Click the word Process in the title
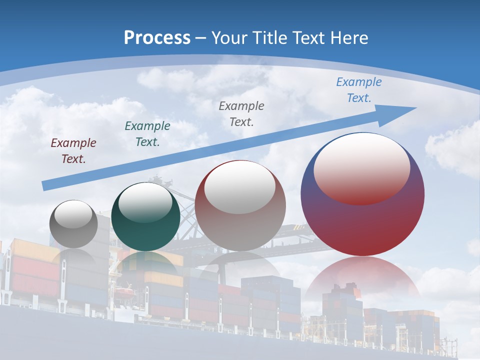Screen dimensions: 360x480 coord(157,38)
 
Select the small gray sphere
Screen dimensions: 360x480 coord(73,235)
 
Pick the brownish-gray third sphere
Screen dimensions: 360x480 coord(240,230)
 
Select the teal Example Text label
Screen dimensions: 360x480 coord(147,134)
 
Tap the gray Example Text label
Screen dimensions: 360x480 coord(241,114)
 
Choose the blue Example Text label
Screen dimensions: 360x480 coord(359,90)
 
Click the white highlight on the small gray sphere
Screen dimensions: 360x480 coord(73,214)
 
